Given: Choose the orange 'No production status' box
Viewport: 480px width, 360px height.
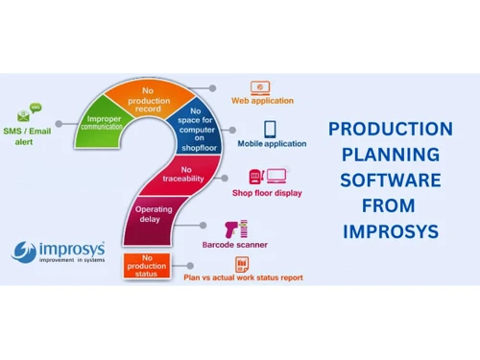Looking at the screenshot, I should coord(148,265).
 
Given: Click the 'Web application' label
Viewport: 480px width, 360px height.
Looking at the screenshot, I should coord(262,101).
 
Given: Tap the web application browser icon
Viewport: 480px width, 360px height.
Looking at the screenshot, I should coord(260,86).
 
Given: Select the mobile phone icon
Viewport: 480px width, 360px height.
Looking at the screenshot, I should coord(271,129).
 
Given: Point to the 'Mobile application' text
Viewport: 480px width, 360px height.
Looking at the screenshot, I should coord(272,145).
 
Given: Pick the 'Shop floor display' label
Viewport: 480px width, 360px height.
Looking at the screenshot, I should coord(267,193).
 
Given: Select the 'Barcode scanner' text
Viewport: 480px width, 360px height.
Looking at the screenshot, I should coord(261,245).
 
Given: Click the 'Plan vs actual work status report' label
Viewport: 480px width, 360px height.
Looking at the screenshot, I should coord(242,277).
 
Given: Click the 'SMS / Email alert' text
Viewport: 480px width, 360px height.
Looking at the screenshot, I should coord(29,135).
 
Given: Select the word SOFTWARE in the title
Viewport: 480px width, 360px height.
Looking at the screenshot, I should coord(390,180).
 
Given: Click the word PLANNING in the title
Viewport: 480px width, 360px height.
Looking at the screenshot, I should coord(390,155).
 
